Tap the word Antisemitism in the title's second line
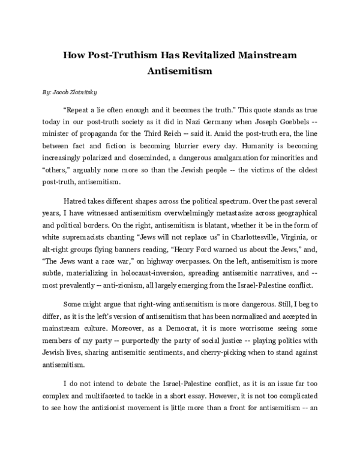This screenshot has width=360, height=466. pyautogui.click(x=180, y=71)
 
